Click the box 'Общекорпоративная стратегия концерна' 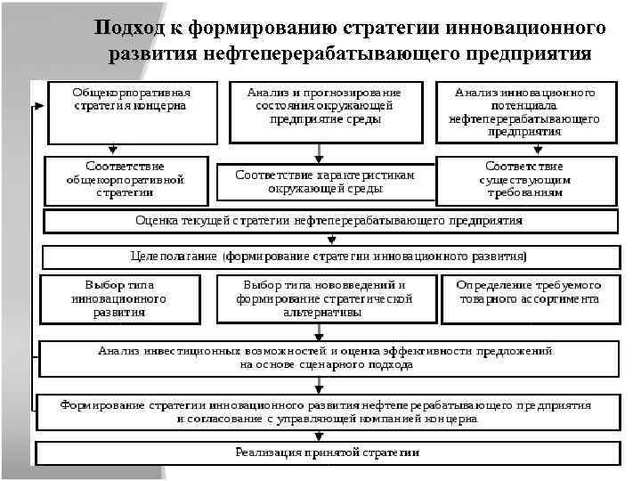131,111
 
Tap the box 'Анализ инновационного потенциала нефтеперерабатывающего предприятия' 525,111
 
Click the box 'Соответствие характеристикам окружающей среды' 325,182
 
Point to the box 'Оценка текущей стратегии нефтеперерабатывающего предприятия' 329,220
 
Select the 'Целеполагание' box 329,257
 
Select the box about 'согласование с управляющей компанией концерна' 326,411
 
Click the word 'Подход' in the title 131,29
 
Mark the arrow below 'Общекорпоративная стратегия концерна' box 111,150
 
